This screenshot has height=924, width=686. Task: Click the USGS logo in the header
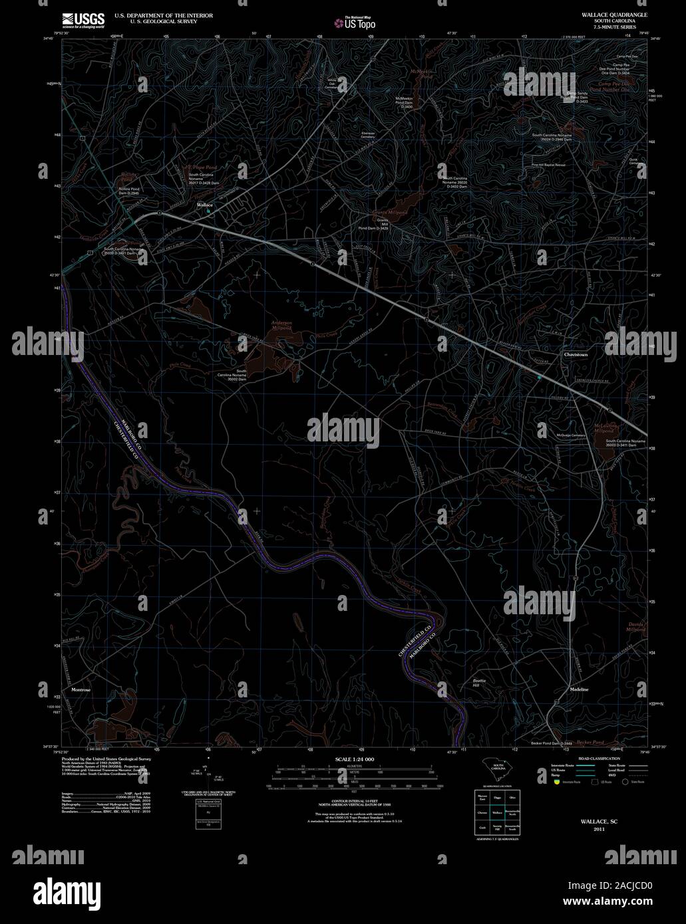pos(83,20)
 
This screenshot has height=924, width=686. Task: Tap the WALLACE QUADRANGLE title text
pos(605,14)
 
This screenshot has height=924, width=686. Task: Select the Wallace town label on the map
pos(204,205)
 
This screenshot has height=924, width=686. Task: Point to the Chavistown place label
pos(576,355)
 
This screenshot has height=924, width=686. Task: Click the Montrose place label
pos(81,690)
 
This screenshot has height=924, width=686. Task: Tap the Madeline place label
pos(579,689)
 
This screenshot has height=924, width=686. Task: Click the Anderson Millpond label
pos(281,325)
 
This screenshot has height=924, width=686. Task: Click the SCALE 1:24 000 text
pos(355,758)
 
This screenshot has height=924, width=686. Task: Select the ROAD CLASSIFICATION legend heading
pos(599,758)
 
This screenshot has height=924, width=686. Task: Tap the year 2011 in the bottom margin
pos(599,830)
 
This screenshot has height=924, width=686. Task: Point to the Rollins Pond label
pos(128,177)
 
